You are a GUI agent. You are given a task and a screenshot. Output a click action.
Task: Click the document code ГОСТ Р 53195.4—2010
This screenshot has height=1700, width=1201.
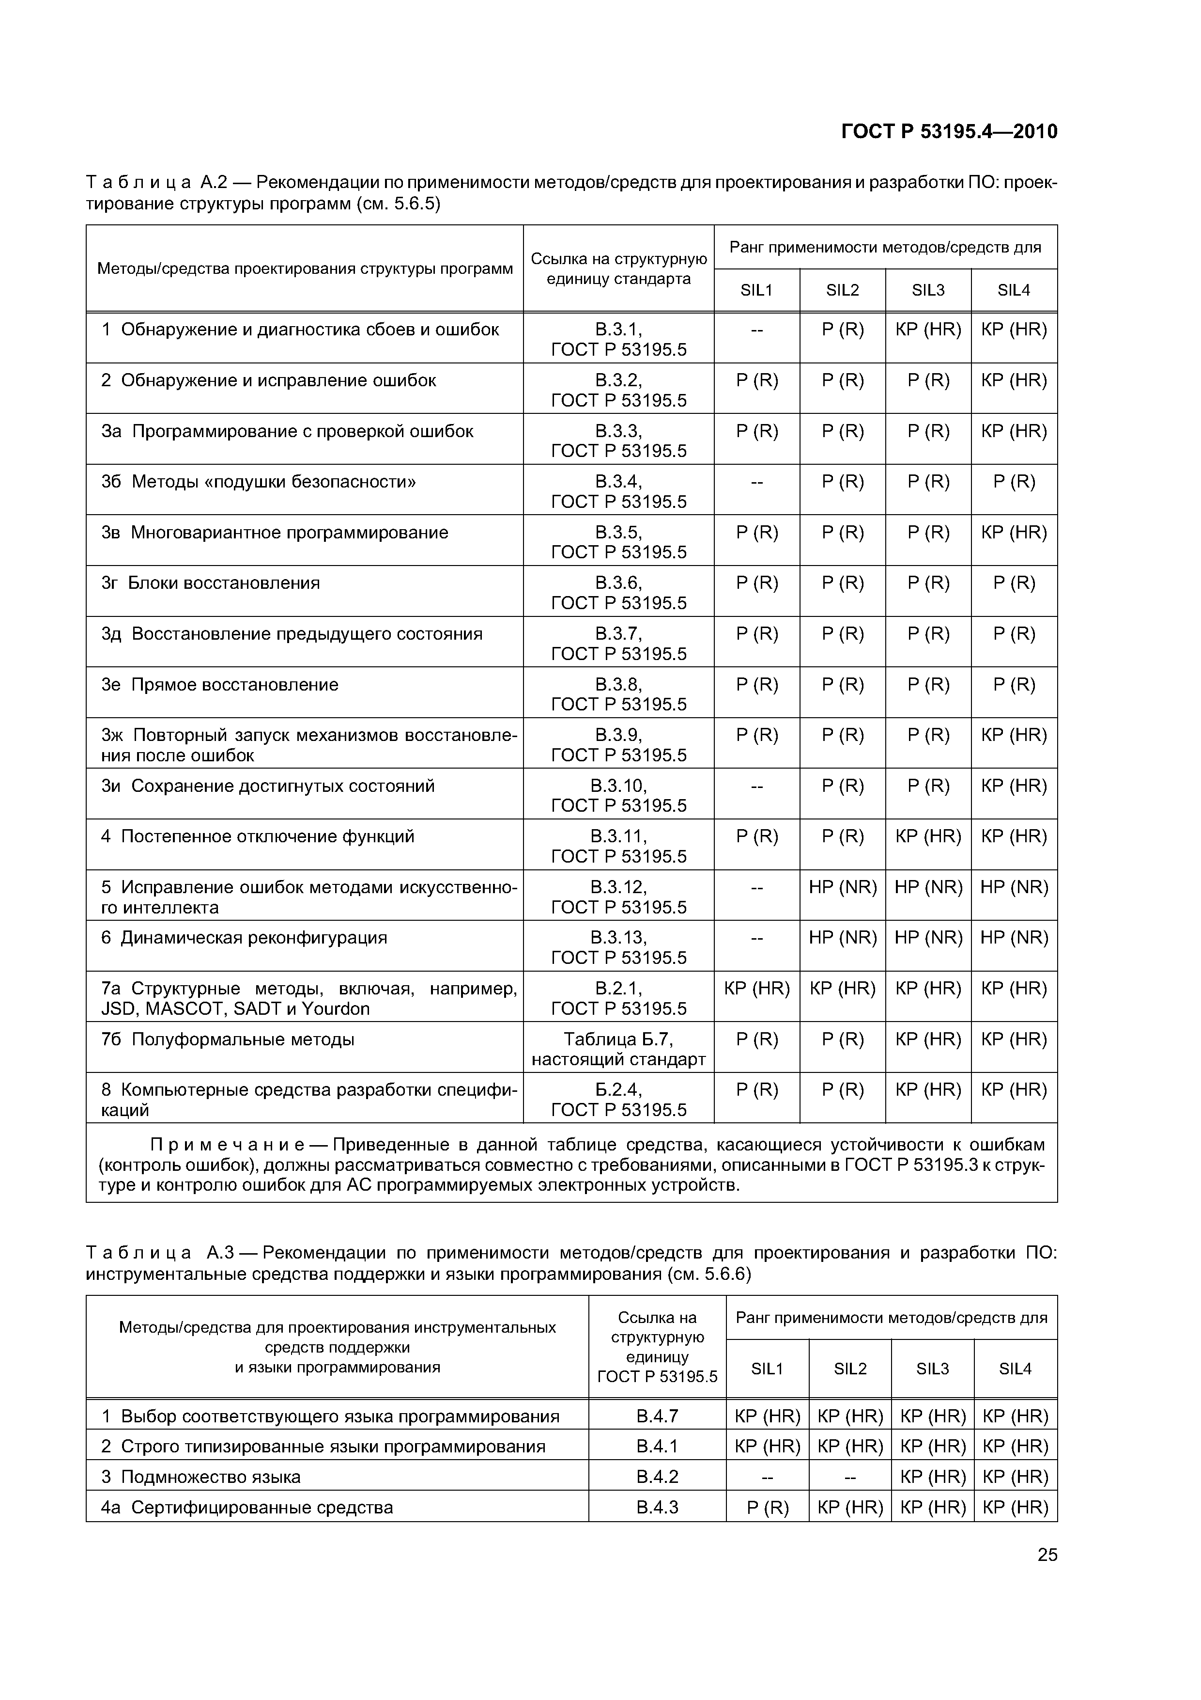[949, 132]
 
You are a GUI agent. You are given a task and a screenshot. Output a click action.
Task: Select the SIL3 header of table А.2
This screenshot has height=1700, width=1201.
[928, 290]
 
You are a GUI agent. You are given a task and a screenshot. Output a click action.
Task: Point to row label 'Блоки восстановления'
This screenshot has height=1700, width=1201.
[223, 583]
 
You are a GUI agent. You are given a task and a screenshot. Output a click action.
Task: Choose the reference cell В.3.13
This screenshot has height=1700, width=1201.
[618, 948]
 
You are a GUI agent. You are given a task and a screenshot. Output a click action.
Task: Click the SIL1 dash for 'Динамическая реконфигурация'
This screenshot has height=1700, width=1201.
[756, 939]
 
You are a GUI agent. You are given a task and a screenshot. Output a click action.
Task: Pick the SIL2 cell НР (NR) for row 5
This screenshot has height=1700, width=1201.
[842, 887]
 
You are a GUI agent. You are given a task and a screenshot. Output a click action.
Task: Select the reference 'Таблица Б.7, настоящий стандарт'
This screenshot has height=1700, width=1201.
[618, 1049]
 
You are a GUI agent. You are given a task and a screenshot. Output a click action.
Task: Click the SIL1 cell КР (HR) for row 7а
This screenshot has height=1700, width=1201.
[756, 989]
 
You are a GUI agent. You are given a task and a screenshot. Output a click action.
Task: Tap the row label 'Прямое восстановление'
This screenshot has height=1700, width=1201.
[234, 685]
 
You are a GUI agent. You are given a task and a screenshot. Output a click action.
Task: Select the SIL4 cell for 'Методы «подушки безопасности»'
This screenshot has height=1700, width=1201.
[1014, 482]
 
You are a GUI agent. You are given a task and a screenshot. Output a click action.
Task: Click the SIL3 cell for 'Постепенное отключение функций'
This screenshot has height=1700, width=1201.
[928, 836]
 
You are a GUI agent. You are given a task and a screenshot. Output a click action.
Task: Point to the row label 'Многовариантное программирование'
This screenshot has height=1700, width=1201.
[289, 533]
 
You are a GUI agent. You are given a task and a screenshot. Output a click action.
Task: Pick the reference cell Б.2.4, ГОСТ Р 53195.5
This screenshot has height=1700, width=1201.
[618, 1100]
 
